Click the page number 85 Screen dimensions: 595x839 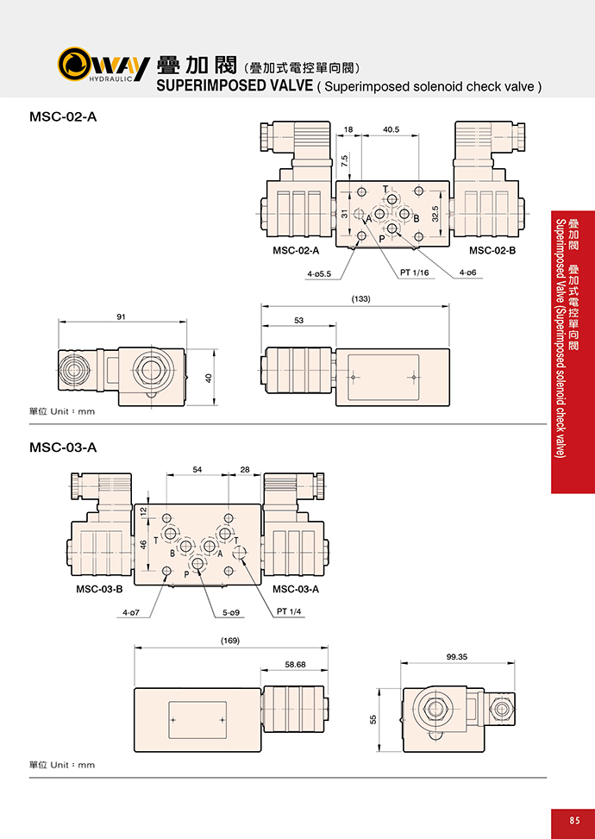[574, 820]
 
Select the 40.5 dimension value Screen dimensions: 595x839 [391, 129]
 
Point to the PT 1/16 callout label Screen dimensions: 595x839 [415, 272]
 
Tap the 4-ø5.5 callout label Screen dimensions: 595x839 [319, 274]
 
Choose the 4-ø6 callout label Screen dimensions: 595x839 [467, 272]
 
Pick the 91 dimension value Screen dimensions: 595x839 [122, 316]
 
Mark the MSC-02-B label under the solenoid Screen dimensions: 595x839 [492, 250]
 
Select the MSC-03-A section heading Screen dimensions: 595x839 [63, 448]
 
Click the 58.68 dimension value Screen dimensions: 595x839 [296, 665]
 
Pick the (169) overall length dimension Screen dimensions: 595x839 [230, 641]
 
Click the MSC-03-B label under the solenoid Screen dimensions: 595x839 [99, 589]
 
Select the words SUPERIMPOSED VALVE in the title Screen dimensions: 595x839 [235, 85]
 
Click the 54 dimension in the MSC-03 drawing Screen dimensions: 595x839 [197, 470]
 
